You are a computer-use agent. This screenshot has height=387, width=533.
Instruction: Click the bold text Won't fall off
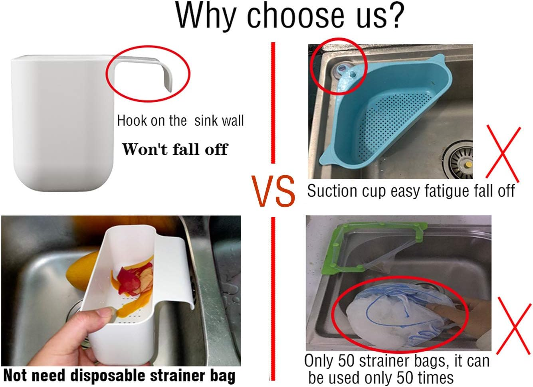click(x=175, y=149)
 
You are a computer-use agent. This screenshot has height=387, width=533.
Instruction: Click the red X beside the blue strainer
click(x=503, y=152)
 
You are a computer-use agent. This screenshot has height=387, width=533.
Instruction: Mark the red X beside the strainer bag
click(x=515, y=328)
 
